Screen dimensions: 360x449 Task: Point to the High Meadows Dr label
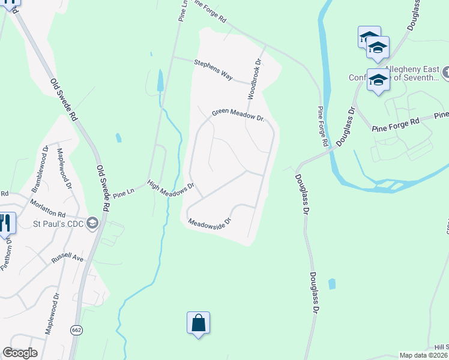[172, 187]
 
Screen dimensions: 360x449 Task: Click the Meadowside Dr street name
[209, 223]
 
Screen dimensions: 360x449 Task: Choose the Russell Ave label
[67, 257]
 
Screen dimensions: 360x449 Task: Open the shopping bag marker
[198, 323]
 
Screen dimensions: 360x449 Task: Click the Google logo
[20, 352]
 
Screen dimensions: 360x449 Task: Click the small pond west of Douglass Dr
[331, 284]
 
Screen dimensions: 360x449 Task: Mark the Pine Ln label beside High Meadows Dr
[122, 194]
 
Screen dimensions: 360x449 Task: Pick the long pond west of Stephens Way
[160, 81]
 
